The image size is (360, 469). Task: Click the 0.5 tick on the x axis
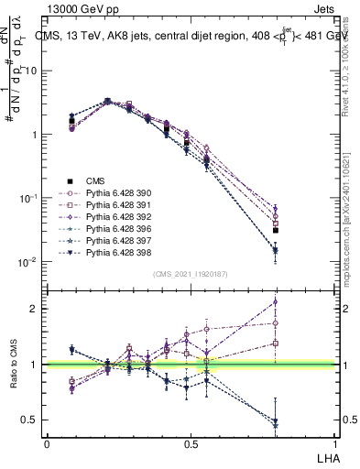(x=191, y=443)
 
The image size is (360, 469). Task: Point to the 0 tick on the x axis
(x=47, y=443)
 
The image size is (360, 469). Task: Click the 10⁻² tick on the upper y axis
(x=27, y=262)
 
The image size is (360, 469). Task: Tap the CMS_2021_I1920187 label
(x=190, y=274)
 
